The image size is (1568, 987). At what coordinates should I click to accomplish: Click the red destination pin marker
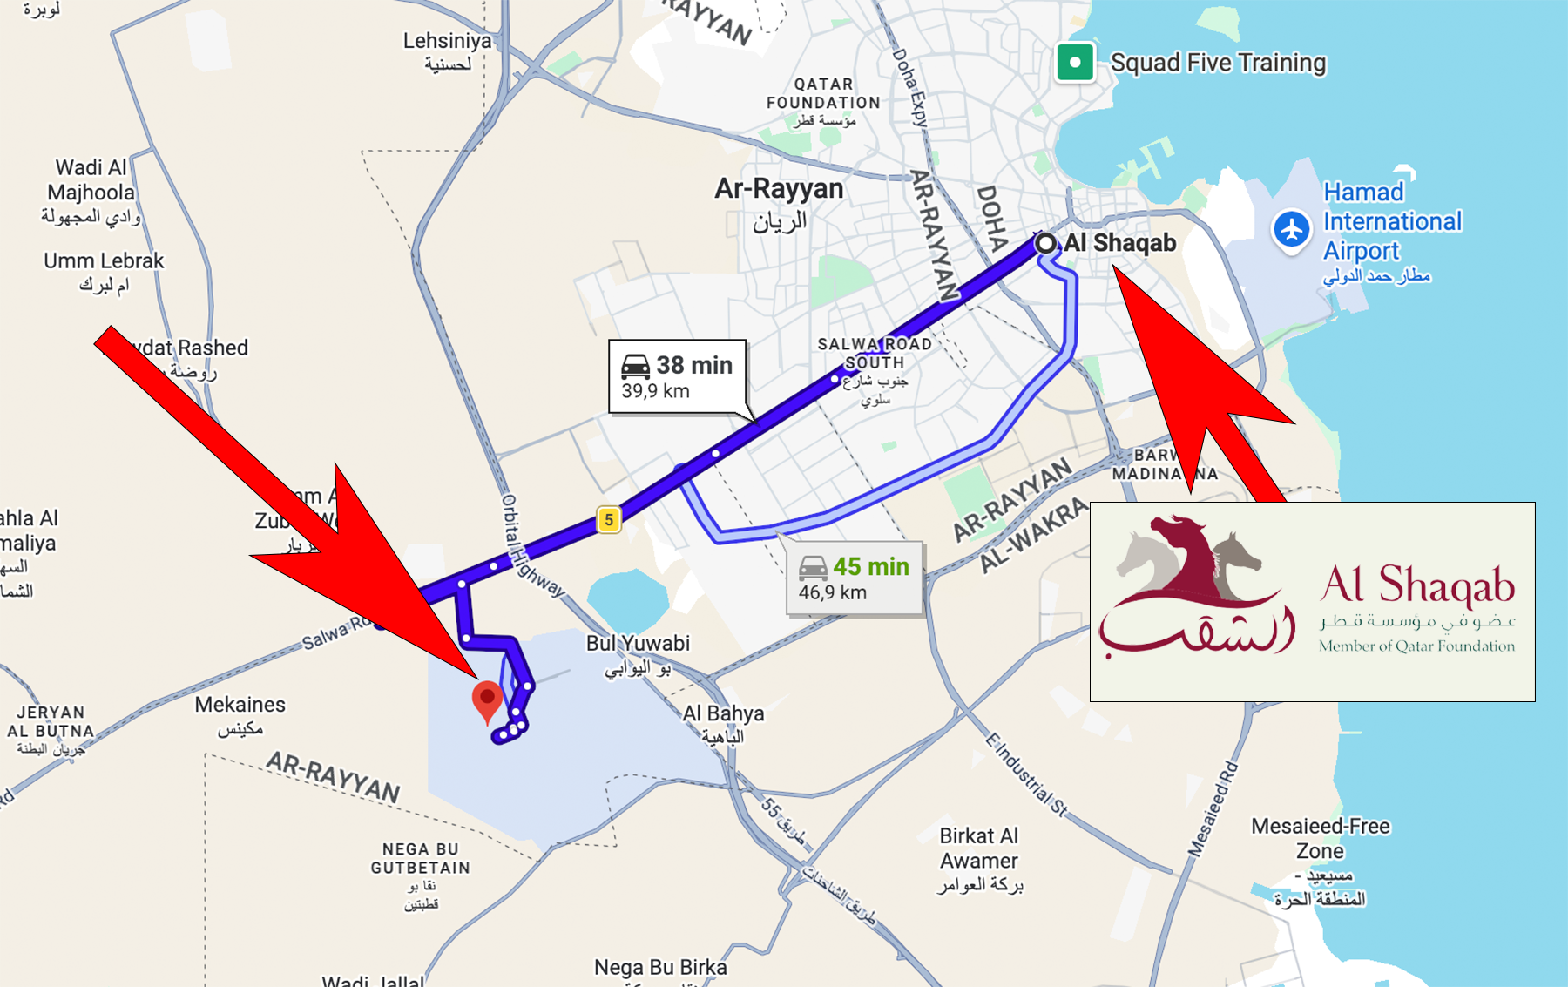click(487, 700)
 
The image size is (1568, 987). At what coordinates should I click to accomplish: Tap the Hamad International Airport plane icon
click(1291, 230)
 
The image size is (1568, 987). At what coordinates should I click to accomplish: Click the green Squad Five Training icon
click(1075, 63)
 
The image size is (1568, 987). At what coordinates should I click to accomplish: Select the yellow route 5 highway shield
click(609, 520)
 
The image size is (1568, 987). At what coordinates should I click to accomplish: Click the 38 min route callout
click(677, 376)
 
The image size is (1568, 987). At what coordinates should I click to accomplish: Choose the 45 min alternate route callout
click(854, 578)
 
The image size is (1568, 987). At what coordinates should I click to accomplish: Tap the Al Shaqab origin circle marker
click(1045, 243)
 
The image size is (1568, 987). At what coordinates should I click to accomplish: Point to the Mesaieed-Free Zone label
click(1320, 838)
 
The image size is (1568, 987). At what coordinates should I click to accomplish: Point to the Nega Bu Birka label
click(660, 967)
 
